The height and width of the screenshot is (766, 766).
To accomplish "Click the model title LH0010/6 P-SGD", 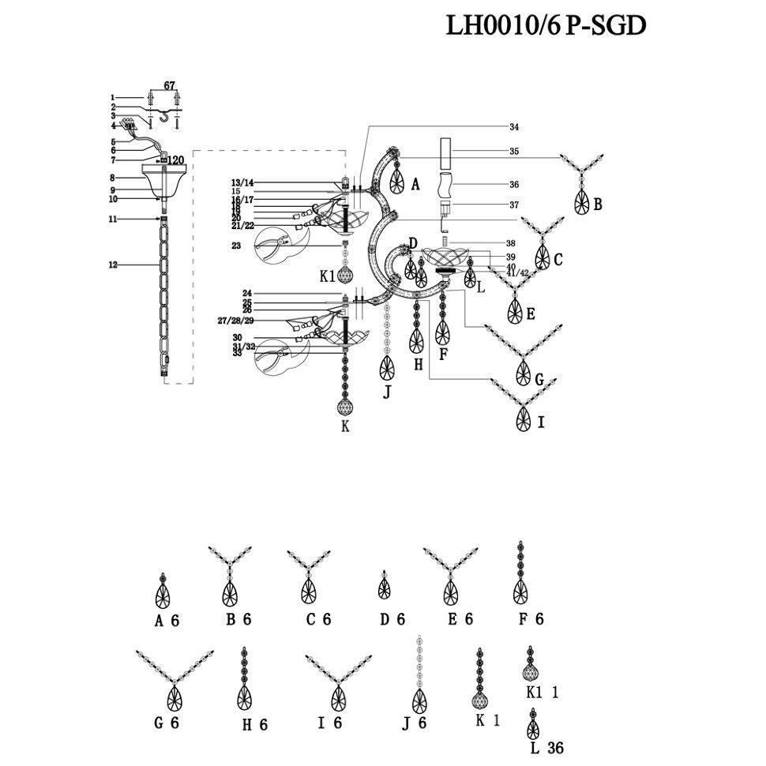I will click(546, 25).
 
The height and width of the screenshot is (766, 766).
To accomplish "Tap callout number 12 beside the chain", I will click(113, 265).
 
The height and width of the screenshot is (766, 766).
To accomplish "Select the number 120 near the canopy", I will click(175, 160).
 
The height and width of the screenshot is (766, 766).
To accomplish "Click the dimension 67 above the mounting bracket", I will click(169, 85).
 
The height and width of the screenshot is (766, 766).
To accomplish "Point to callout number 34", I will click(514, 127).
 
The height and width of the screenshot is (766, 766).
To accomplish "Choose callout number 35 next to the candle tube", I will click(514, 151).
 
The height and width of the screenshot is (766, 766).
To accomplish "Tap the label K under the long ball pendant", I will click(344, 426).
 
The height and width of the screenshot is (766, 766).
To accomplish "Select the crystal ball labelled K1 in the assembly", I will click(345, 276).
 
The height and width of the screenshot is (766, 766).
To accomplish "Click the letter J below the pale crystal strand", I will click(387, 391).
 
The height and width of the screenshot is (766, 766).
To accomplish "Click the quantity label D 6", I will click(392, 620).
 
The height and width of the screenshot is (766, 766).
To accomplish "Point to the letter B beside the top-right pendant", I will click(598, 205).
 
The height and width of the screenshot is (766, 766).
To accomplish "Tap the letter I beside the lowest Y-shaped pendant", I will click(540, 422).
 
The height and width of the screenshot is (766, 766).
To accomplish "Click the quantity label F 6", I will click(531, 620).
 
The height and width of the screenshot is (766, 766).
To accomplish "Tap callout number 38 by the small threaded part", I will click(513, 243).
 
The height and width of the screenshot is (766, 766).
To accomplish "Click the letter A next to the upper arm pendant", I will click(415, 185).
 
